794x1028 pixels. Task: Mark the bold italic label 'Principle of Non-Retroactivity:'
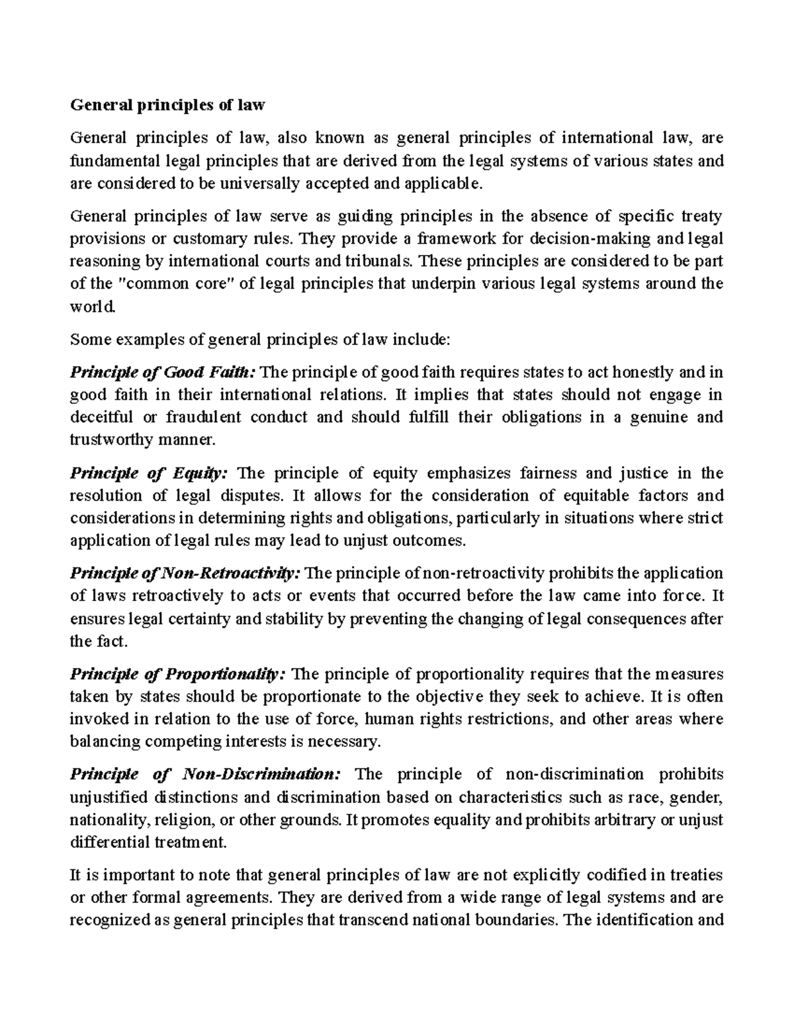[x=186, y=573]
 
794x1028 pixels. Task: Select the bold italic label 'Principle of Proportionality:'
[x=178, y=675]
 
